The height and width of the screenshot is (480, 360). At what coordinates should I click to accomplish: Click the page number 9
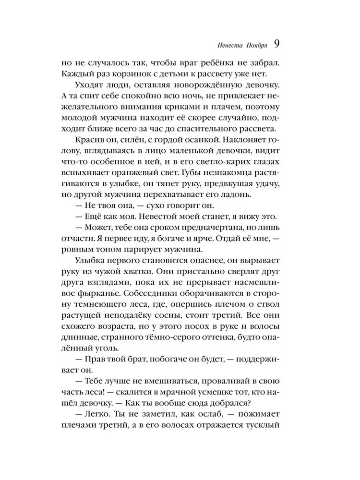point(277,43)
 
